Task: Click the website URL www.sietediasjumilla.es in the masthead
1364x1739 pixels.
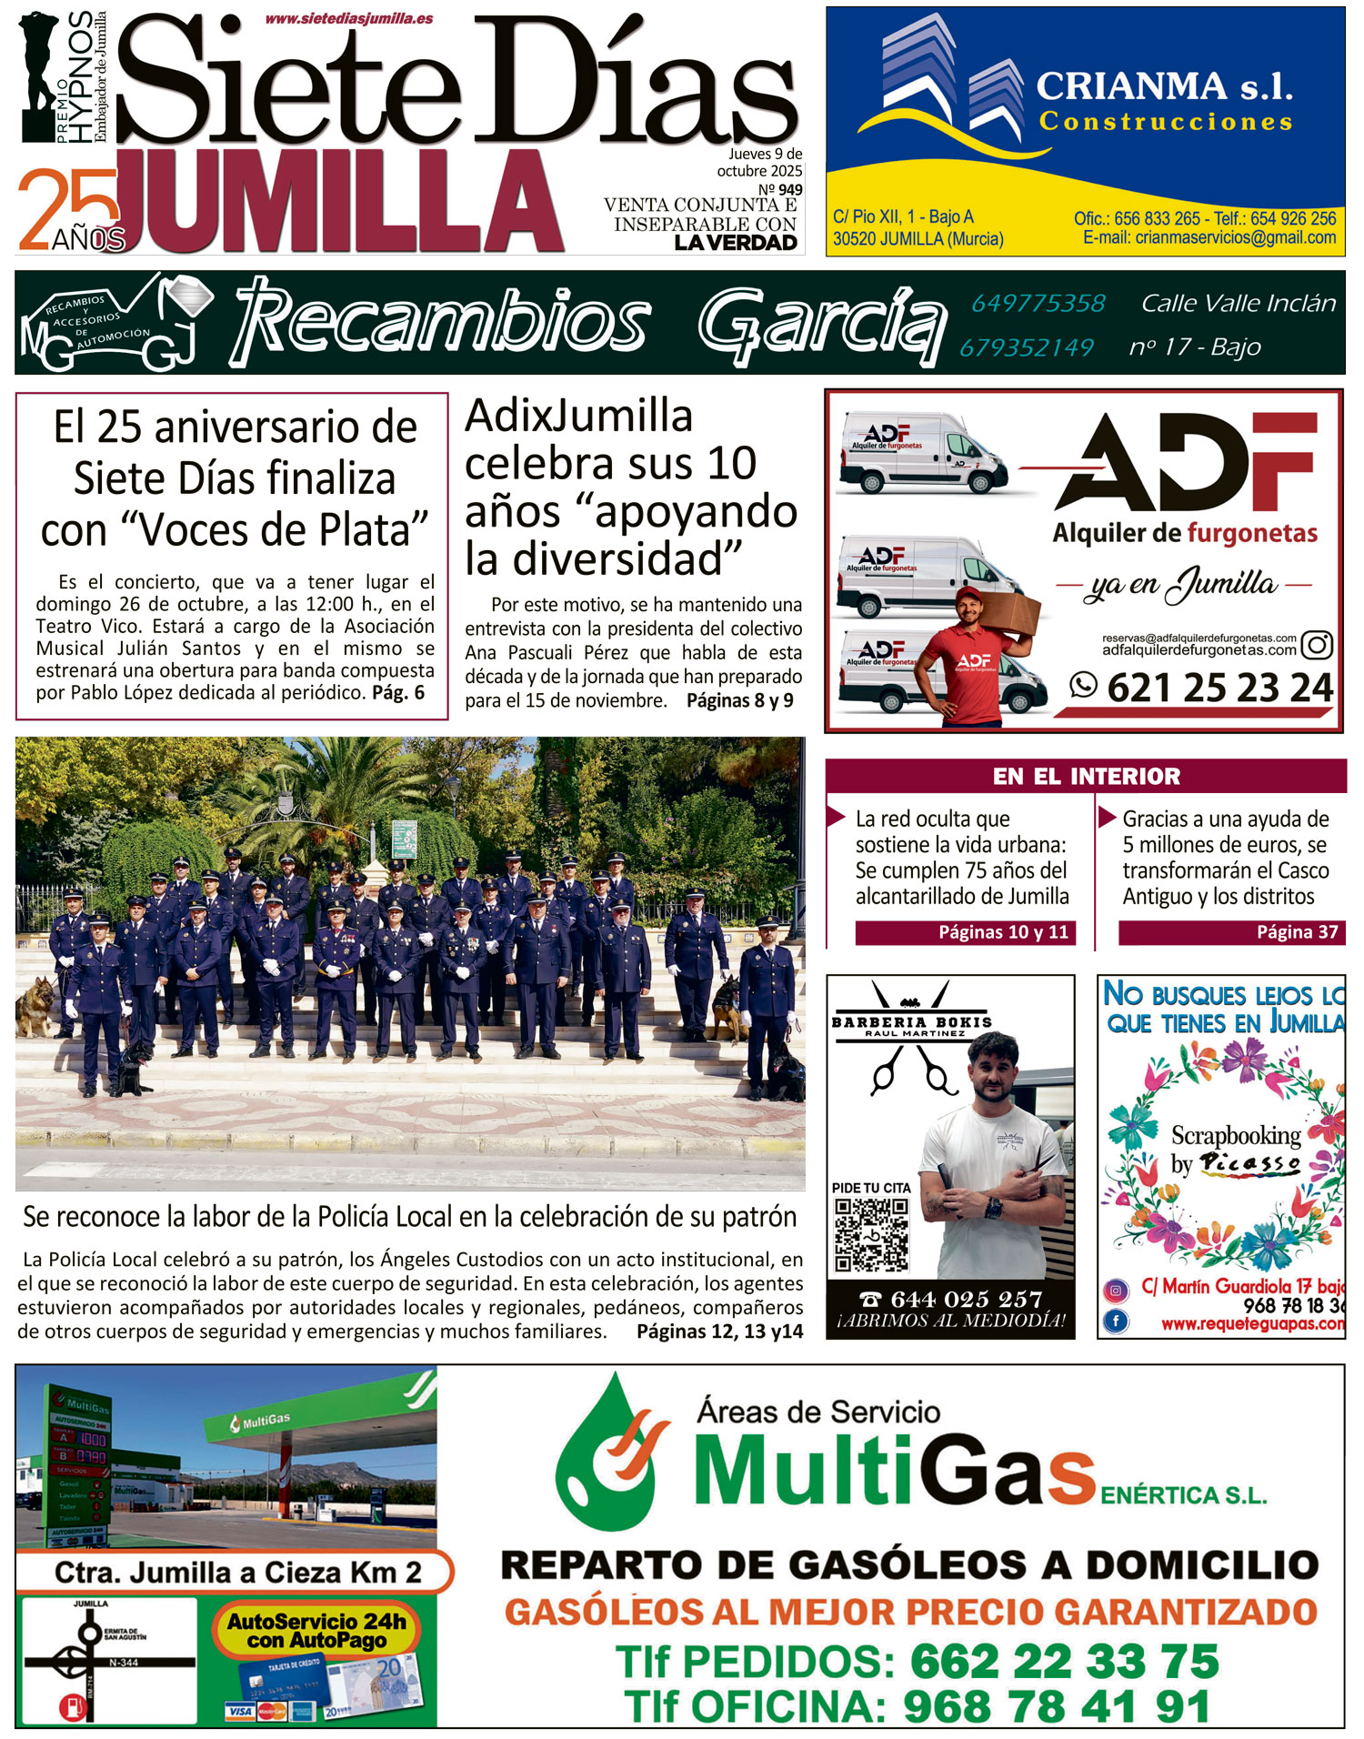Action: pyautogui.click(x=349, y=18)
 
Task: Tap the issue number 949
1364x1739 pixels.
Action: pyautogui.click(x=790, y=190)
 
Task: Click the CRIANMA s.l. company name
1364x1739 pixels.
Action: pyautogui.click(x=1164, y=87)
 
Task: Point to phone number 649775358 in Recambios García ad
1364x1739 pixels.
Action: pyautogui.click(x=1038, y=303)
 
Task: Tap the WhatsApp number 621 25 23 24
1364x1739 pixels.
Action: pyautogui.click(x=1219, y=688)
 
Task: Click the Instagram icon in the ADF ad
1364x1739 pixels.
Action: pyautogui.click(x=1317, y=645)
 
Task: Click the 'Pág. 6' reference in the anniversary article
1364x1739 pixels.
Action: pyautogui.click(x=398, y=693)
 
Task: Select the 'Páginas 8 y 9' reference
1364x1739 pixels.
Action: pyautogui.click(x=739, y=700)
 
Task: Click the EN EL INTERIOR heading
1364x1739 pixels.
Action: pyautogui.click(x=1086, y=776)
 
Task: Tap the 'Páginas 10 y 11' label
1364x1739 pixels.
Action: pyautogui.click(x=1002, y=932)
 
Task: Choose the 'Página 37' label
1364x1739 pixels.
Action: pyautogui.click(x=1297, y=932)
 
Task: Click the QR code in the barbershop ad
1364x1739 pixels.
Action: pyautogui.click(x=871, y=1234)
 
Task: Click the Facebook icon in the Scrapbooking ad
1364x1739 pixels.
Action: pyautogui.click(x=1117, y=1320)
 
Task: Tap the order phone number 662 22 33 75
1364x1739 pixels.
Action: pyautogui.click(x=1064, y=1662)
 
